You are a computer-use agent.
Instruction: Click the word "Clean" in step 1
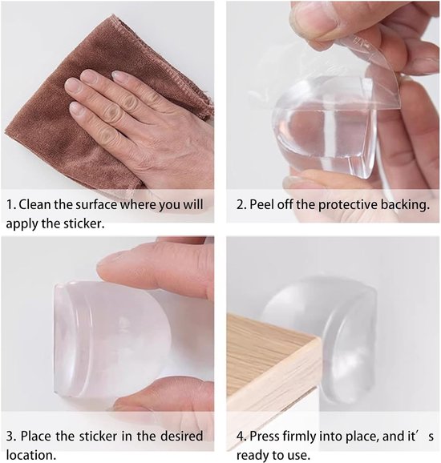pos(35,204)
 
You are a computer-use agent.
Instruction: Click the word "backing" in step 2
pos(404,205)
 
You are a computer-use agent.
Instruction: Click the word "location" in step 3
pos(29,454)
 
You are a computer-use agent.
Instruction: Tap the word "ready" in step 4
pos(253,455)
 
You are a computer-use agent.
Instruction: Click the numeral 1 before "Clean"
pos(10,204)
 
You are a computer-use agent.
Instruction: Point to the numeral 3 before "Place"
pos(10,436)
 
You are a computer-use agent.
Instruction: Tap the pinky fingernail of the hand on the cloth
pos(75,108)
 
